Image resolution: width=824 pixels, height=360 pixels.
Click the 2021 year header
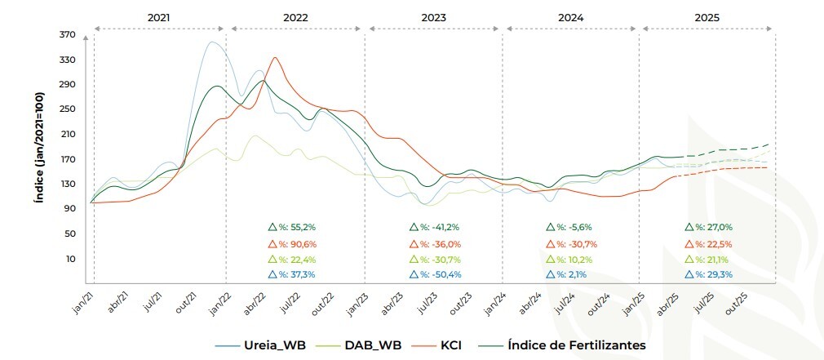click(x=159, y=16)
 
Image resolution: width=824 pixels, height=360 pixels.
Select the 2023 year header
click(x=433, y=16)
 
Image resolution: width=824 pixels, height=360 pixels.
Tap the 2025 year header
click(x=707, y=16)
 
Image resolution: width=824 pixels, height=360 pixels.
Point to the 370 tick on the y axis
click(x=67, y=34)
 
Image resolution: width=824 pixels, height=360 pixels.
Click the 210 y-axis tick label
click(x=67, y=134)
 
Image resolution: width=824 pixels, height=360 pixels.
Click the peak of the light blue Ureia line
click(x=213, y=42)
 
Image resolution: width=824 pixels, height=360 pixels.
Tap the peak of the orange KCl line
click(x=275, y=57)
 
